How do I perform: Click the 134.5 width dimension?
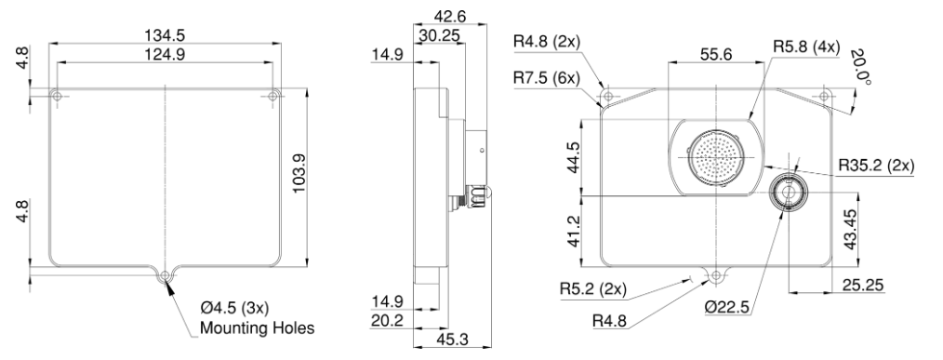click(x=165, y=35)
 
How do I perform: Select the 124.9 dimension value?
click(x=165, y=54)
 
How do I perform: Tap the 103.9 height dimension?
click(x=299, y=173)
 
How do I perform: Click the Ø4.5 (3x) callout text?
click(x=234, y=309)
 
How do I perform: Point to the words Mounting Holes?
click(x=257, y=328)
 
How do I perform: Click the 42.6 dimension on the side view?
click(x=450, y=16)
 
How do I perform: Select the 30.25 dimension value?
click(x=440, y=35)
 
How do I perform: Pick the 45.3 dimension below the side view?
click(x=452, y=340)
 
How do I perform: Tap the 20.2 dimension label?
click(x=388, y=320)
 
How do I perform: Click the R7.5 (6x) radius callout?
click(x=547, y=78)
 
